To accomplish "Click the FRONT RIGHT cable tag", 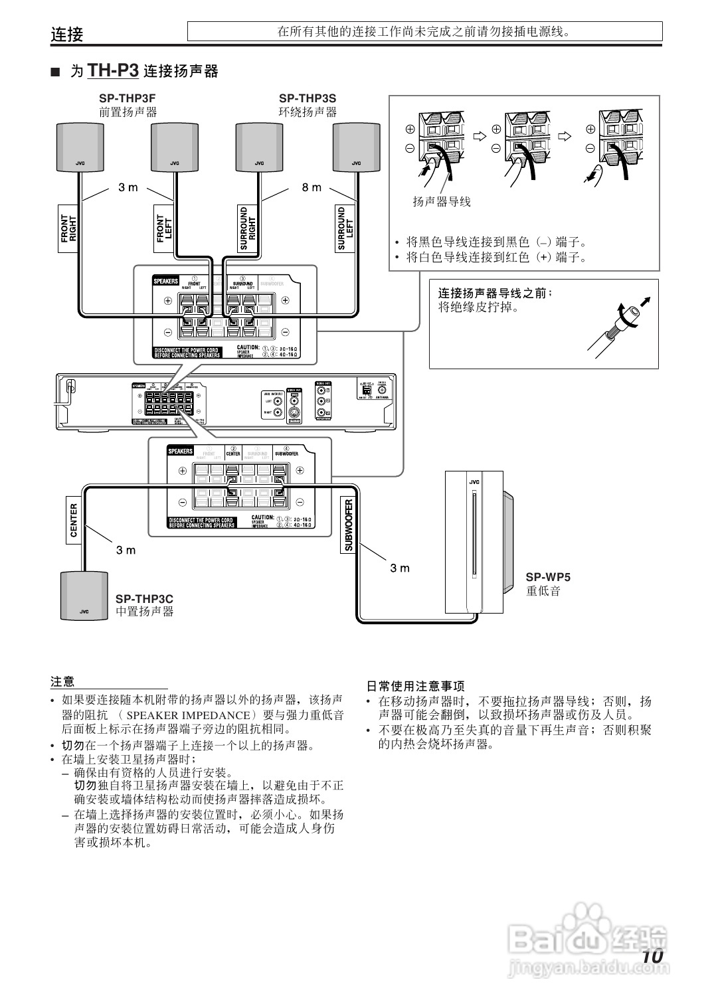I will pyautogui.click(x=69, y=228).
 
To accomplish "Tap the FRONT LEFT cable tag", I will pyautogui.click(x=164, y=228).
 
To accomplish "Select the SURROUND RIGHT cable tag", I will pyautogui.click(x=248, y=228).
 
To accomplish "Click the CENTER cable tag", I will pyautogui.click(x=74, y=520).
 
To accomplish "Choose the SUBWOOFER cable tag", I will pyautogui.click(x=348, y=525).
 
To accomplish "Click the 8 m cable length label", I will pyautogui.click(x=312, y=188).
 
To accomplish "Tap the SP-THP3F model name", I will pyautogui.click(x=128, y=98).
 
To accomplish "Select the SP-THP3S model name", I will pyautogui.click(x=308, y=98).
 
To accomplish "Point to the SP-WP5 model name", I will pyautogui.click(x=548, y=577).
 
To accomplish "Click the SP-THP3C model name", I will pyautogui.click(x=144, y=599).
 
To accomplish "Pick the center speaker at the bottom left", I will pyautogui.click(x=84, y=596).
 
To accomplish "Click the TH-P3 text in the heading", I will pyautogui.click(x=113, y=70).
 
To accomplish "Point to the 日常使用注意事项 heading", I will pyautogui.click(x=416, y=686).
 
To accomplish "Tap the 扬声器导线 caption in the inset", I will pyautogui.click(x=442, y=202).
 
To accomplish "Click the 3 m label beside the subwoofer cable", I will pyautogui.click(x=400, y=568).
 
